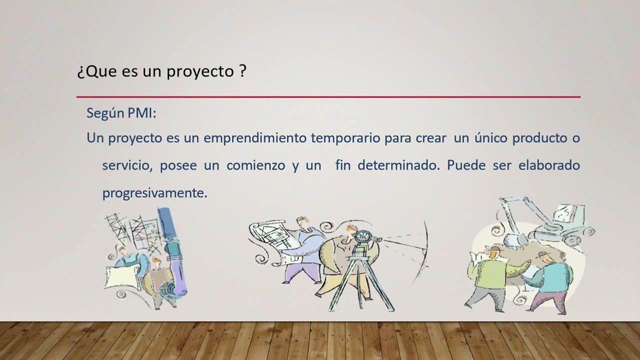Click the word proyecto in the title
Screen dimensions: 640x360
coord(200,71)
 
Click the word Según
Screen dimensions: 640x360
coord(105,113)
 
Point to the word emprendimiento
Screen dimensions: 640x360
coord(255,138)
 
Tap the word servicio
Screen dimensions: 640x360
coord(127,165)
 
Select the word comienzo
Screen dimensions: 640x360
coord(255,165)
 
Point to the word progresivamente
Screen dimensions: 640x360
coord(154,193)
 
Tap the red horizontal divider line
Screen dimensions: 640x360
coord(328,97)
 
